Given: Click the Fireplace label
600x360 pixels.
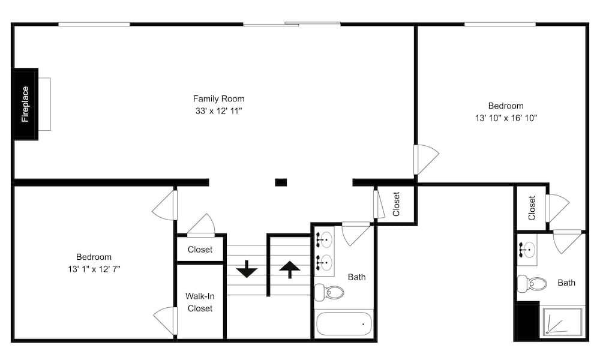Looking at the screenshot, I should pyautogui.click(x=25, y=104).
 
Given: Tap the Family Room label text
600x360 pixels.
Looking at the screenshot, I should pyautogui.click(x=218, y=98).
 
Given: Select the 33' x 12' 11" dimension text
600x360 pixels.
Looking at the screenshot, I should pyautogui.click(x=218, y=111).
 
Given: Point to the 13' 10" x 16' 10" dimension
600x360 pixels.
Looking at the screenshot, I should pyautogui.click(x=505, y=118).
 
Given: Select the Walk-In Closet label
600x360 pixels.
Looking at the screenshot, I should pyautogui.click(x=200, y=302).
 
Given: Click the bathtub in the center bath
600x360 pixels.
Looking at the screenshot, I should pyautogui.click(x=344, y=324).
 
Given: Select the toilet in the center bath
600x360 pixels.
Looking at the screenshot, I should pyautogui.click(x=329, y=292).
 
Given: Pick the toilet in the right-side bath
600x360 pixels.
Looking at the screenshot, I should pyautogui.click(x=531, y=283).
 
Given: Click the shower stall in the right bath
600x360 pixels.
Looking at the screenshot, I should pyautogui.click(x=562, y=322).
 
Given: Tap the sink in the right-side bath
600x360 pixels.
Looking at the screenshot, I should pyautogui.click(x=527, y=248).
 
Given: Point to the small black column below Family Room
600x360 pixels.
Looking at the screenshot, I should pyautogui.click(x=281, y=182).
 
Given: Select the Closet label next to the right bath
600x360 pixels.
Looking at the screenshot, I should pyautogui.click(x=532, y=208).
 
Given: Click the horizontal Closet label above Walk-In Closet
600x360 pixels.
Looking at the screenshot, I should pyautogui.click(x=200, y=250).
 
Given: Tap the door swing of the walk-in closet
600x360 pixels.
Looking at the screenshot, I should pyautogui.click(x=166, y=320).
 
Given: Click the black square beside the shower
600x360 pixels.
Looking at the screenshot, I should pyautogui.click(x=527, y=322).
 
